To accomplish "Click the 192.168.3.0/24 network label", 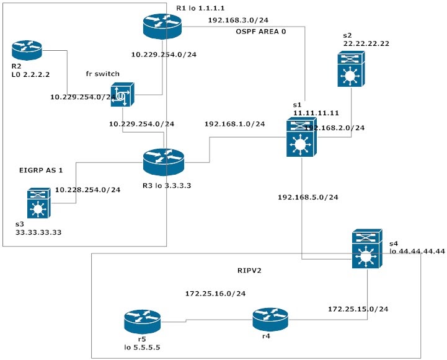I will (x=236, y=20).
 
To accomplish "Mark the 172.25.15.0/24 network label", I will (x=358, y=308).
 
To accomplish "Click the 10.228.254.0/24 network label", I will (x=87, y=190).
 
